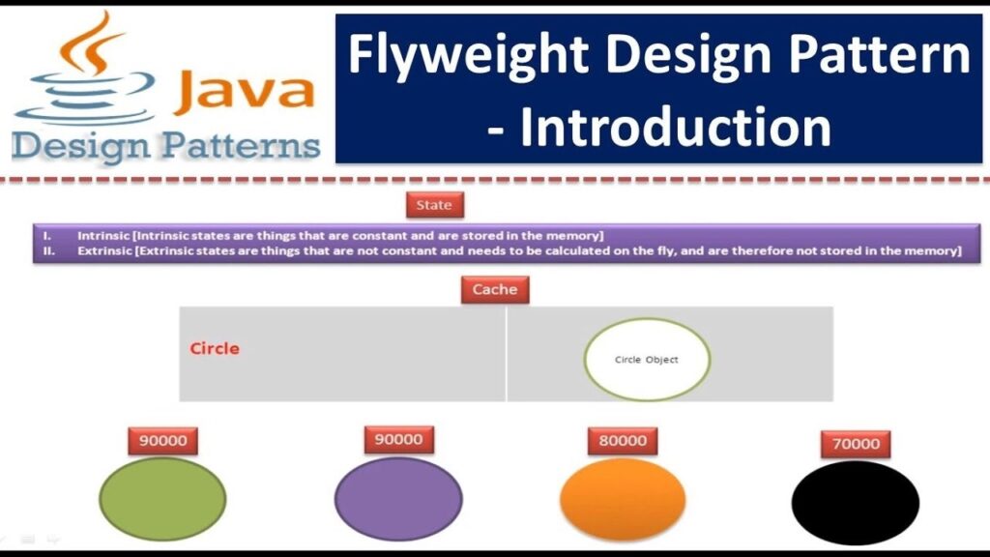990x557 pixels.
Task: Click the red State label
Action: click(433, 205)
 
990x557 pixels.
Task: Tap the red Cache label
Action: click(495, 289)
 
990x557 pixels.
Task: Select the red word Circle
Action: click(215, 348)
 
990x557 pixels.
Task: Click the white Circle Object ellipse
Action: click(647, 360)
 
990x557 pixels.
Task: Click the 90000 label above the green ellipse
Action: click(162, 441)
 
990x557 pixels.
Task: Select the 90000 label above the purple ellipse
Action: click(398, 439)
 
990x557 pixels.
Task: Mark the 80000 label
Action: click(623, 441)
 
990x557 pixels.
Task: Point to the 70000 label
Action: click(856, 444)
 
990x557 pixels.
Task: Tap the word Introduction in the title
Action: click(675, 127)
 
